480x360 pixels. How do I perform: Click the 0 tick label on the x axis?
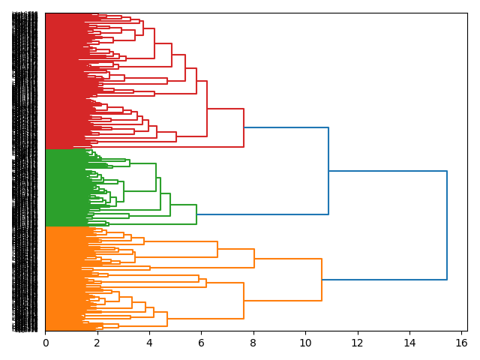[x=45, y=343]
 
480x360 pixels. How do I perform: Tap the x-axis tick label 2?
[x=97, y=343]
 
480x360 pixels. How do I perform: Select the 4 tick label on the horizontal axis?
[x=149, y=343]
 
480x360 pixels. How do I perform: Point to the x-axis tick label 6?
[x=201, y=343]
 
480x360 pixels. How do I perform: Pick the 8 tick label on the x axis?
[x=253, y=343]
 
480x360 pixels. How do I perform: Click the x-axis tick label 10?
[x=305, y=343]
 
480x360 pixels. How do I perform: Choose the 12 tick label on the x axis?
[x=358, y=343]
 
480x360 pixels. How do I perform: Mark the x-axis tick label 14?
[x=409, y=343]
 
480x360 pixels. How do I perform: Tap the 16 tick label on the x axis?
[x=461, y=343]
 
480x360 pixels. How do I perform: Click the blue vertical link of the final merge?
[x=447, y=225]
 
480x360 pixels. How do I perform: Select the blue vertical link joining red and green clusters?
[x=328, y=171]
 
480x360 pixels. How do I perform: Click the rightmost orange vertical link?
[x=322, y=280]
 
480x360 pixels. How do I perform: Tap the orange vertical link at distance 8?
[x=254, y=258]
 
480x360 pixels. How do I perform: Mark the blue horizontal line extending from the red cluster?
[x=286, y=128]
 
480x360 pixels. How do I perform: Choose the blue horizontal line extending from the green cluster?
[x=262, y=214]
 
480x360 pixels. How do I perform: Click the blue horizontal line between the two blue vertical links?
[x=388, y=172]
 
